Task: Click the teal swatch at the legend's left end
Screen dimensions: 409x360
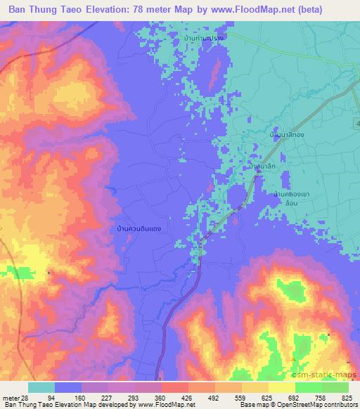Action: pos(41,387)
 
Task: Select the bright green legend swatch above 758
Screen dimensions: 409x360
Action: pos(309,387)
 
